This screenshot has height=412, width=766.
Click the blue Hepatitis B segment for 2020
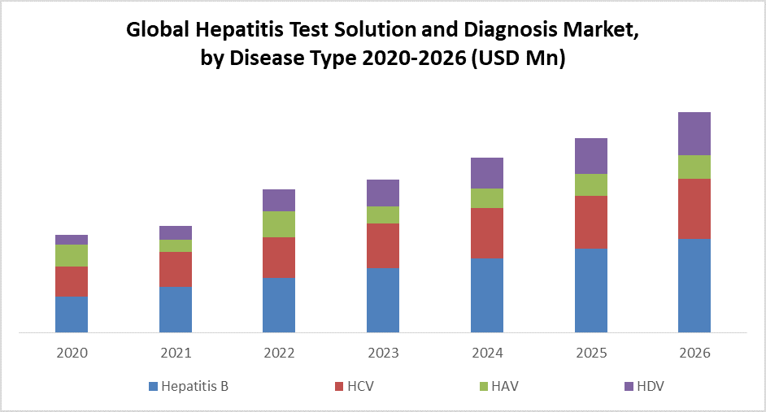tap(72, 314)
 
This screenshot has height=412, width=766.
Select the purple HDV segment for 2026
tap(694, 133)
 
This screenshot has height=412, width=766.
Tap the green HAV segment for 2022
tap(279, 224)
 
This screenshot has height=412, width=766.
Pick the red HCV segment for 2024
tap(487, 233)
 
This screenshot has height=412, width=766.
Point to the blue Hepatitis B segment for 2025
tap(591, 290)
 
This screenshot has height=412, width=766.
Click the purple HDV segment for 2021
tap(176, 232)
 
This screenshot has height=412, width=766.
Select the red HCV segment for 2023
tap(383, 245)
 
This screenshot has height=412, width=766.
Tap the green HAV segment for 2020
tap(72, 255)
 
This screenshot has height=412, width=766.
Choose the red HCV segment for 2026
tap(694, 208)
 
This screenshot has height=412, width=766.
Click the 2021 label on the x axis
tap(176, 353)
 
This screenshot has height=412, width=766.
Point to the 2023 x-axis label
tap(383, 353)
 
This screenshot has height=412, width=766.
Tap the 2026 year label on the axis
tap(694, 353)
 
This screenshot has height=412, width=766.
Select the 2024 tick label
tap(487, 353)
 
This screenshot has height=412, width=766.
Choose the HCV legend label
tap(360, 386)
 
